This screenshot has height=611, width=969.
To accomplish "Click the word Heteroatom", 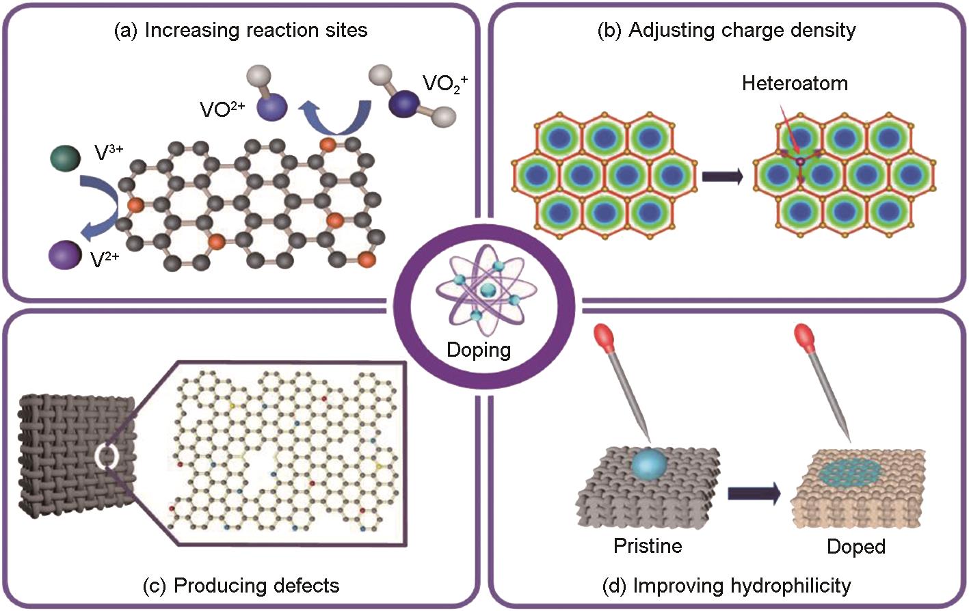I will point(795,83).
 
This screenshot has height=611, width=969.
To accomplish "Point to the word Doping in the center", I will point(479,349).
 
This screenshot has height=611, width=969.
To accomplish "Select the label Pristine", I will point(648,545).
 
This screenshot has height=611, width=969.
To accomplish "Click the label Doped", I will point(856,546).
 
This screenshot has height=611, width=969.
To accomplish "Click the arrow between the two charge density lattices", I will point(722,176).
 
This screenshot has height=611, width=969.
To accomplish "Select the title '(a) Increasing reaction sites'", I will point(240,30).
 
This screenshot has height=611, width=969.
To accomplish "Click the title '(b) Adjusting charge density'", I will point(727,30).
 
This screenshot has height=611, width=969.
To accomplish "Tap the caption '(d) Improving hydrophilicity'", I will point(727,586).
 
